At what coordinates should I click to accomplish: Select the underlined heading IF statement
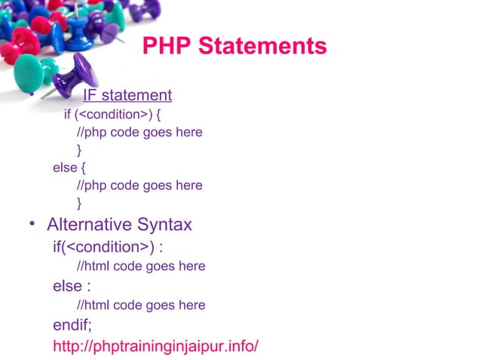point(127,96)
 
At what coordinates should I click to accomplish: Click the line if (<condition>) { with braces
point(112,115)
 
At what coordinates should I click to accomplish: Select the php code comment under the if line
point(139,133)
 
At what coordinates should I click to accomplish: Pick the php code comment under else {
point(139,185)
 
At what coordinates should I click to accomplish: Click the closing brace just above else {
point(80,150)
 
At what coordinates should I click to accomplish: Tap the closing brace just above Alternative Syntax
point(80,203)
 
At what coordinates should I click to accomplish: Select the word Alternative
point(90,224)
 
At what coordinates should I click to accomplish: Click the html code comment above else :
point(141,266)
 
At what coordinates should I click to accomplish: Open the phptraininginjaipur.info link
point(155,346)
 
